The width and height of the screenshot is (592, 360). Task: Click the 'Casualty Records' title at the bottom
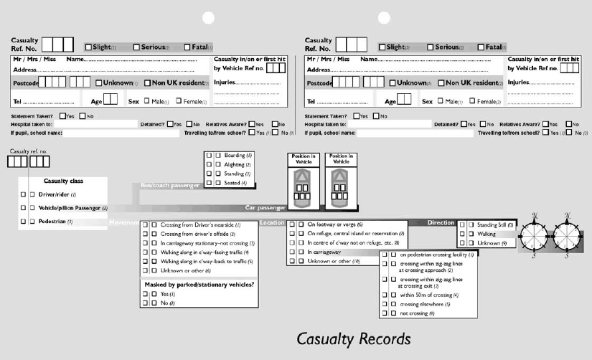click(x=354, y=338)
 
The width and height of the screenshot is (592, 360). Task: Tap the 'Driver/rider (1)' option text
click(x=57, y=194)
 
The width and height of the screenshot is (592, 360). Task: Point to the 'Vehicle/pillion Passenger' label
click(x=72, y=208)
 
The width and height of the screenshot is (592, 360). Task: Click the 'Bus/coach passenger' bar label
click(x=169, y=186)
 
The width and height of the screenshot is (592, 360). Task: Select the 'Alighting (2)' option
click(x=238, y=164)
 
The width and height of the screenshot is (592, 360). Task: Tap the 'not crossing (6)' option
click(x=417, y=313)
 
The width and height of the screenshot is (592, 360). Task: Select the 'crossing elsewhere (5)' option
click(x=425, y=304)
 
